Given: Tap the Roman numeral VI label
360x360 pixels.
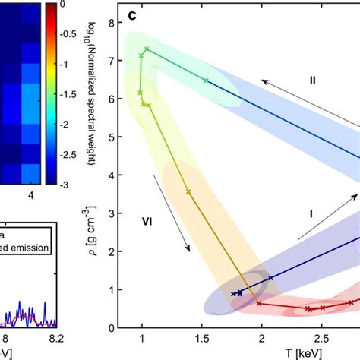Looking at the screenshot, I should pyautogui.click(x=148, y=223).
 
